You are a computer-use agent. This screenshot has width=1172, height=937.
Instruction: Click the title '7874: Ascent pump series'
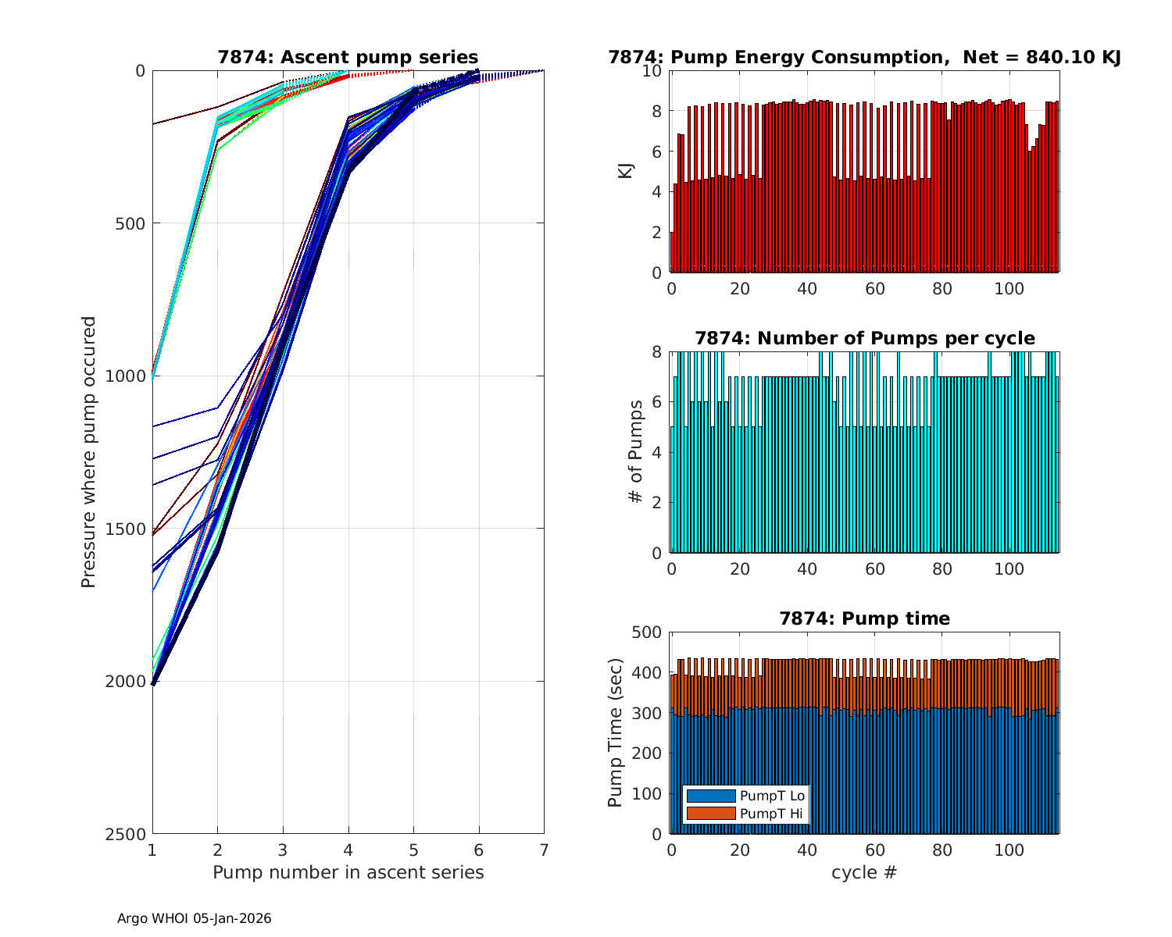click(348, 57)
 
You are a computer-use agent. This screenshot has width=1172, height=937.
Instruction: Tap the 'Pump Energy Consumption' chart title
click(864, 57)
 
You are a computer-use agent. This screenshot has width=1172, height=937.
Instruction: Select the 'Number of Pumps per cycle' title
click(864, 338)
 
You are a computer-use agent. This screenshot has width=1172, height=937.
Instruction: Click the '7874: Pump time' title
click(864, 618)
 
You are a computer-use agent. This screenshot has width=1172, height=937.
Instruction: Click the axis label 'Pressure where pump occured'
click(89, 451)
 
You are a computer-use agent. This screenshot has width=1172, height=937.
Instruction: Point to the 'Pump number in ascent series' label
click(348, 872)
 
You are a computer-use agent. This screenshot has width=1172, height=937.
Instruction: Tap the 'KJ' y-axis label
click(625, 171)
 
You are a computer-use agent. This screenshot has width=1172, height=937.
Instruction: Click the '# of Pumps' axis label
click(637, 451)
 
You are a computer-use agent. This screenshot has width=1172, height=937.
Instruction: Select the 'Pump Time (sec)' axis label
click(616, 732)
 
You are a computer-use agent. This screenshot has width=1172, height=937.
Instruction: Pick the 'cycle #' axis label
click(864, 872)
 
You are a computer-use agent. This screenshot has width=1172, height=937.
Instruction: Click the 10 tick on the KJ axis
click(653, 71)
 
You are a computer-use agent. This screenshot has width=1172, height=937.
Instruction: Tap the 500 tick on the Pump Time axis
click(648, 632)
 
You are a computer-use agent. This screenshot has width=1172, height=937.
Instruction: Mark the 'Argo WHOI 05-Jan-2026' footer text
click(194, 918)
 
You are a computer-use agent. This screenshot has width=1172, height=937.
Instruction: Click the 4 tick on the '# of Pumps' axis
click(657, 453)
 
